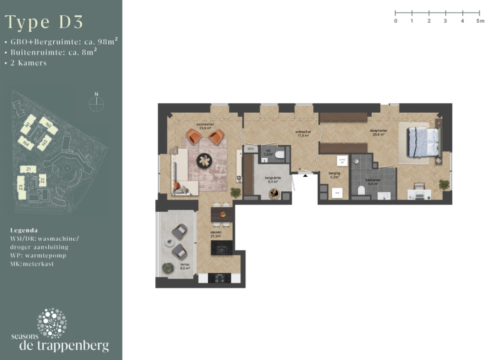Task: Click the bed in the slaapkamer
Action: (x=422, y=141)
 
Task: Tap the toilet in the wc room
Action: (x=279, y=153)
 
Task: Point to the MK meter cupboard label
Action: (x=250, y=149)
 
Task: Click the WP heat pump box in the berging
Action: (x=337, y=192)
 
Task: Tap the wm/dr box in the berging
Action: (x=342, y=160)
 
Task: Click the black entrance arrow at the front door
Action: (x=306, y=176)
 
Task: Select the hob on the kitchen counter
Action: (x=219, y=278)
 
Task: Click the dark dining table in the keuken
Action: (x=222, y=216)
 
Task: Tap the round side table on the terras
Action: (x=169, y=241)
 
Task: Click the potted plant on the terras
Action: (x=168, y=269)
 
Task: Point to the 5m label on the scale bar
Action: (x=480, y=21)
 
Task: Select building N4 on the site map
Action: (x=29, y=144)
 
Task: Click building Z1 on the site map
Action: (x=29, y=169)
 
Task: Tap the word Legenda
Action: (x=25, y=229)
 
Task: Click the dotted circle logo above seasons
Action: (x=51, y=323)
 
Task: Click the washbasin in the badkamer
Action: (x=382, y=196)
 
